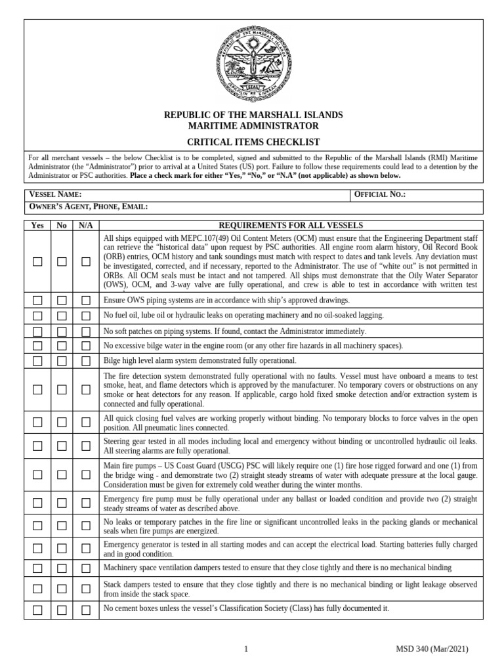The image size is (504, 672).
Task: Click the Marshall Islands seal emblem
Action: [253, 64]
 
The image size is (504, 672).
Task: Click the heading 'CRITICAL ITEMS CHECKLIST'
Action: [253, 142]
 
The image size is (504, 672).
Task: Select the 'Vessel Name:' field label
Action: [55, 195]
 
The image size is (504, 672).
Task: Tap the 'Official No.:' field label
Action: [380, 195]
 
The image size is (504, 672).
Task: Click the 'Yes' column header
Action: [37, 224]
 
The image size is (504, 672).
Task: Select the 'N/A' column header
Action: [86, 224]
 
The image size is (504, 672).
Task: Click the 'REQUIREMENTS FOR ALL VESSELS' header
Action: [290, 224]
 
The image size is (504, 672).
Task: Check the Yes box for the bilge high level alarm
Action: [37, 360]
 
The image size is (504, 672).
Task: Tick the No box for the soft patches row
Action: [62, 331]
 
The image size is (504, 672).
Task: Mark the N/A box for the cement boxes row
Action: [86, 610]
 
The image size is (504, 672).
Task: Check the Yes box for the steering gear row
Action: [37, 446]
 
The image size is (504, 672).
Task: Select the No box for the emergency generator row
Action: [62, 549]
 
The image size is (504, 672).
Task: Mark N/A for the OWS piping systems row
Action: [86, 301]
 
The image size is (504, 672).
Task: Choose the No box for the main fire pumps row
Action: [62, 474]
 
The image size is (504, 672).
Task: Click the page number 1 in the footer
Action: [246, 649]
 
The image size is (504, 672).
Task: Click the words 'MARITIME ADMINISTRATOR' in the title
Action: [253, 126]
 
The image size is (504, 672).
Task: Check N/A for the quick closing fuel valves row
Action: [86, 422]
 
